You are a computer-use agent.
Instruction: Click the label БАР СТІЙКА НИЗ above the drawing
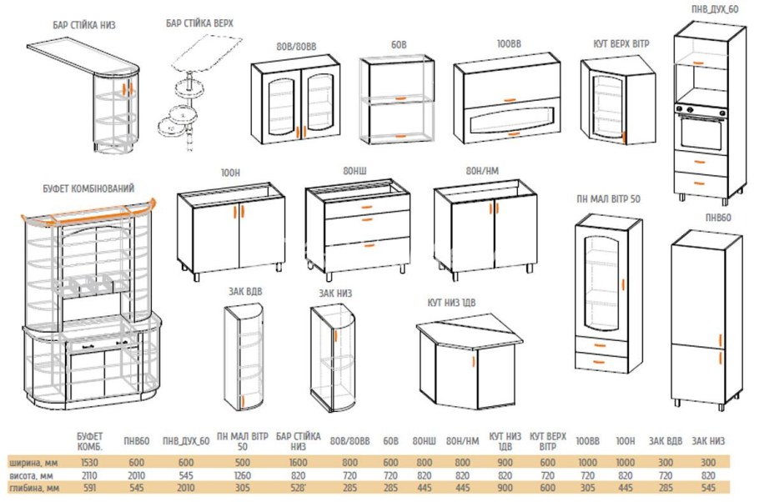84,25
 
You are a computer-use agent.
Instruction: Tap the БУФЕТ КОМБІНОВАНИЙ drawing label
88,188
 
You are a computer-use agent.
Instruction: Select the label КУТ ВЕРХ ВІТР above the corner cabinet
621,44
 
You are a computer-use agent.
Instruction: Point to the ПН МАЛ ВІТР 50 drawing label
609,199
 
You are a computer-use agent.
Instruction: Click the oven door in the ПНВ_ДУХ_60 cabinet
701,131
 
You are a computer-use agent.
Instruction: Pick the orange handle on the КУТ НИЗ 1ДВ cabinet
473,362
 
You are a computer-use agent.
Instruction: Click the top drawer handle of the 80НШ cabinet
367,207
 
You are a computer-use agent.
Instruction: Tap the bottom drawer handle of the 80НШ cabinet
369,246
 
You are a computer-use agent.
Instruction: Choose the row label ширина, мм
33,463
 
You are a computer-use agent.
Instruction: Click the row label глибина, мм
34,488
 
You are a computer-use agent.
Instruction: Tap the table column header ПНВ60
137,441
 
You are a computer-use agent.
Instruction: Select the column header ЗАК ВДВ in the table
666,441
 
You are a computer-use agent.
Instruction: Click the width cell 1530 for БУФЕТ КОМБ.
89,463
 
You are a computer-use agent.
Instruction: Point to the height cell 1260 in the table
242,475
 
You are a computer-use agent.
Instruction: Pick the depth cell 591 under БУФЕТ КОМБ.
89,488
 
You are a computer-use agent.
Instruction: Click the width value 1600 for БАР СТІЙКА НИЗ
298,463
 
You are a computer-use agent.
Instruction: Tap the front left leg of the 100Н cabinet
195,276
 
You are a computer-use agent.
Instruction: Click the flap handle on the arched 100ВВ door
513,134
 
